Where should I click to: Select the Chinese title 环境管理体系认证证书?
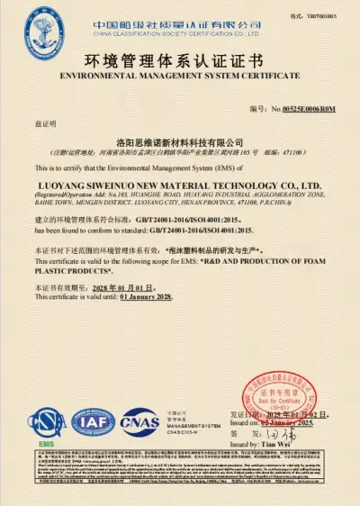179,63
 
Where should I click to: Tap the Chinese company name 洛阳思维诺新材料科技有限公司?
180,142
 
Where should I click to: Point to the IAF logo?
88,420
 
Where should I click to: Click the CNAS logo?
139,420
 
